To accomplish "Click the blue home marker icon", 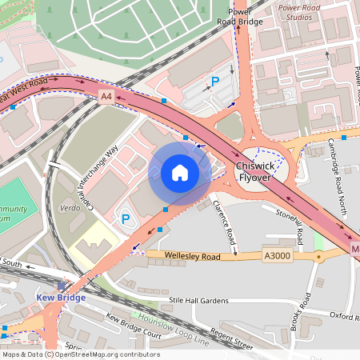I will click(x=180, y=173).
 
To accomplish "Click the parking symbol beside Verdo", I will click(x=125, y=218).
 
